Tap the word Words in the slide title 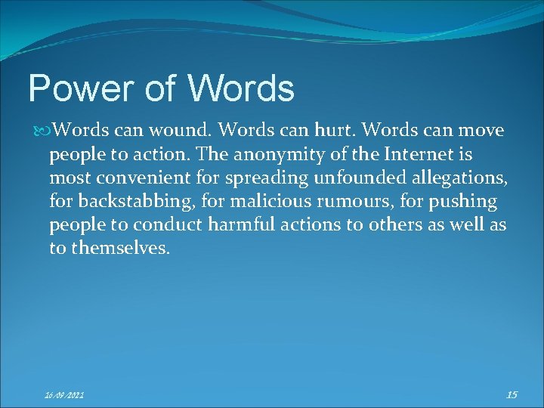pos(241,89)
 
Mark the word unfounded pos(345,180)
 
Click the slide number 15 pos(511,393)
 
